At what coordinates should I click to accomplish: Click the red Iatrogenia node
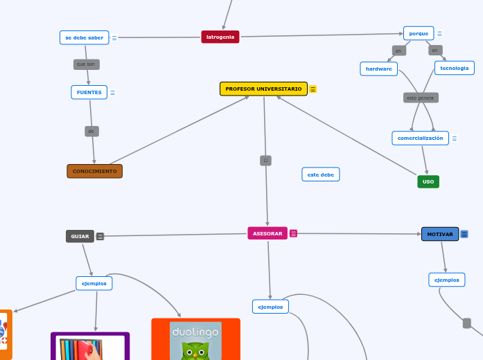(x=220, y=37)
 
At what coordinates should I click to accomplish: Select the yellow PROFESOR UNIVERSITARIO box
(x=263, y=89)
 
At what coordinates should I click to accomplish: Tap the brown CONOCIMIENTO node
(x=95, y=171)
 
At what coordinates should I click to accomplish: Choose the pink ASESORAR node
(x=267, y=233)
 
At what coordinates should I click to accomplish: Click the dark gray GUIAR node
(x=80, y=236)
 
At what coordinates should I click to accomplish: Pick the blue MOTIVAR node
(x=440, y=234)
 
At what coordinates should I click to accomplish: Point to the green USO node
(x=428, y=181)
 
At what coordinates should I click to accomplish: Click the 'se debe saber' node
(x=85, y=37)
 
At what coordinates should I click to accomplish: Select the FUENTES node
(x=89, y=92)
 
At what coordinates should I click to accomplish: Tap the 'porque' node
(x=419, y=33)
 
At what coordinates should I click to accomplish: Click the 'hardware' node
(x=379, y=69)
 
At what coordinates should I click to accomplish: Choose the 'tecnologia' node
(x=455, y=68)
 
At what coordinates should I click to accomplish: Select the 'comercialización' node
(x=420, y=138)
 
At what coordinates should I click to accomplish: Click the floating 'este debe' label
(x=321, y=174)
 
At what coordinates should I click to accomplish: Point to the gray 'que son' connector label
(x=87, y=64)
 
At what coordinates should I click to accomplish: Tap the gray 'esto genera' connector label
(x=421, y=98)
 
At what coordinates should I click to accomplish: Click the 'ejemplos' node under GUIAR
(x=94, y=283)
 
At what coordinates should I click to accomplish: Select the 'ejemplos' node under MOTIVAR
(x=447, y=280)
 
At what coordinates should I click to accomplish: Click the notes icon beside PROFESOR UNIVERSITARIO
(x=313, y=89)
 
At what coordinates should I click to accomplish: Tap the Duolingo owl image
(x=196, y=341)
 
